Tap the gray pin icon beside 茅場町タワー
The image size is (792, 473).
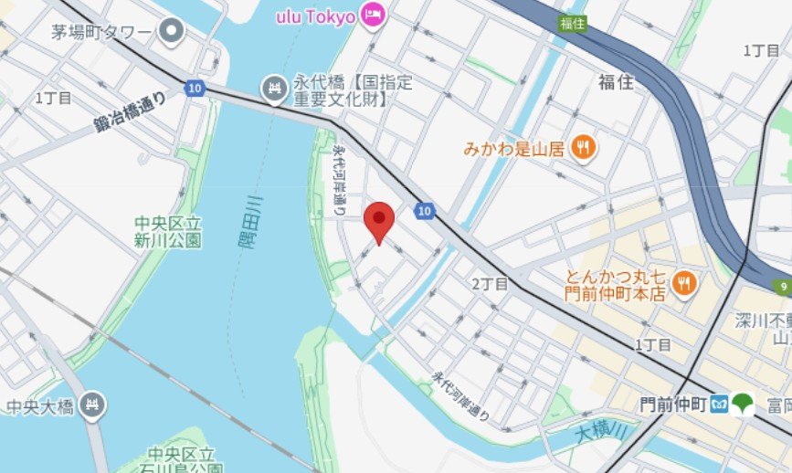click(171, 33)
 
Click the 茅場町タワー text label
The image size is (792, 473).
click(100, 34)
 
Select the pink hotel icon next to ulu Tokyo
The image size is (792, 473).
click(373, 15)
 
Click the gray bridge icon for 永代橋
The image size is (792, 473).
click(274, 89)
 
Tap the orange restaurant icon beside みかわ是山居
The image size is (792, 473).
click(583, 146)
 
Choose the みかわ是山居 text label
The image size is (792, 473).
click(514, 147)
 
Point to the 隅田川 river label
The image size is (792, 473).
click(254, 223)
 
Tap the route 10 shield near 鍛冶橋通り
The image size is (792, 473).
click(193, 89)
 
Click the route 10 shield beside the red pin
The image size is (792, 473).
click(422, 211)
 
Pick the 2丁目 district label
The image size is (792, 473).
click(490, 284)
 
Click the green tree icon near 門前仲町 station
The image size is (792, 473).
click(743, 404)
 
